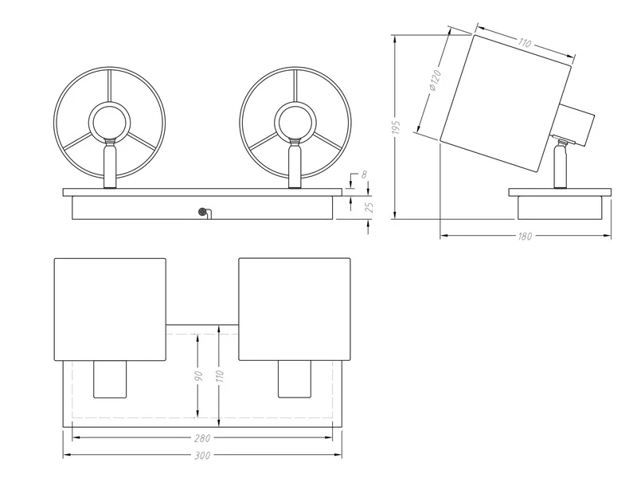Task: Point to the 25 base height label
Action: coord(368,208)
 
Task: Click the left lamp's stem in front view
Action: coord(110,164)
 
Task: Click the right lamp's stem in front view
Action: coord(294,164)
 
